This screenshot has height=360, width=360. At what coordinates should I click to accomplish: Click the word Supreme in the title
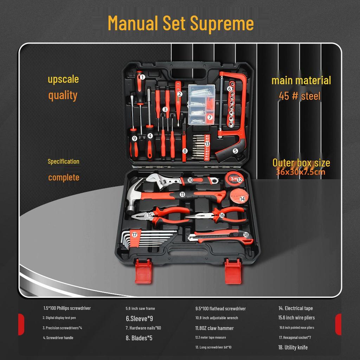222,23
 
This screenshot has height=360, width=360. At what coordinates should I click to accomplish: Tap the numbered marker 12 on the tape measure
239,180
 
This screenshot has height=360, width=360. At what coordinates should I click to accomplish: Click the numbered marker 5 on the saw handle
236,151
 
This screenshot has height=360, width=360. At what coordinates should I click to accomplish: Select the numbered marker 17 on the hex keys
134,234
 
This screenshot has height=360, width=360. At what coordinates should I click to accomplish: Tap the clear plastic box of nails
201,104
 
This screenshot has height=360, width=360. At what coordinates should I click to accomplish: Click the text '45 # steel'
300,96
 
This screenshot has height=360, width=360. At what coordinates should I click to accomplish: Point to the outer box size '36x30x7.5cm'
301,172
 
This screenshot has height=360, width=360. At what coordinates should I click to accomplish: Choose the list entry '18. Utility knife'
293,347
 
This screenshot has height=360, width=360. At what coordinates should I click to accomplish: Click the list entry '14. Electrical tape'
295,308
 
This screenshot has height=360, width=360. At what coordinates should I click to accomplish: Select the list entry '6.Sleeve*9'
139,319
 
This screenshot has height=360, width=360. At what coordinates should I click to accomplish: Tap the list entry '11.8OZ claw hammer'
214,328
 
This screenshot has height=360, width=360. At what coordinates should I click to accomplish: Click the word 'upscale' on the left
63,79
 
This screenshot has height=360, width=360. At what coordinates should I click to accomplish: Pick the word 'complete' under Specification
64,177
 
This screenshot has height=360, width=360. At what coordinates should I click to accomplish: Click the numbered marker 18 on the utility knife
246,234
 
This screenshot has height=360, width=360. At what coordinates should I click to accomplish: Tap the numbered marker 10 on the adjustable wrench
190,180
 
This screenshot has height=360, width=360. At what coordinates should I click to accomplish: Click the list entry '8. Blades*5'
139,338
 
